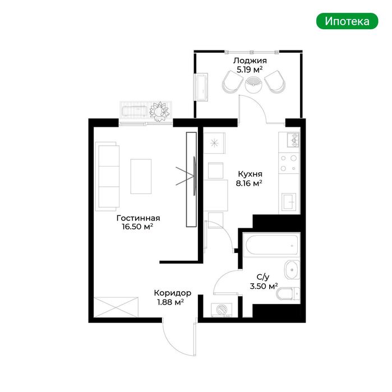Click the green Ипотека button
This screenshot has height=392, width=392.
(347, 21)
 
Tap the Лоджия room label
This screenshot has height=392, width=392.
(250, 61)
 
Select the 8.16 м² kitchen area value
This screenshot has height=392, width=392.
(249, 183)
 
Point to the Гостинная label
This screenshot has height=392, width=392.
(139, 218)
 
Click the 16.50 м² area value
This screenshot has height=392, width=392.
(137, 227)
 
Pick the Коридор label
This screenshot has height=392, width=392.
(173, 293)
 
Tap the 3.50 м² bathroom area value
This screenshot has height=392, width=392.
(264, 286)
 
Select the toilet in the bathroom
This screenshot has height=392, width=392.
(288, 294)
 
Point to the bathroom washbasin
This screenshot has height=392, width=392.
(292, 270)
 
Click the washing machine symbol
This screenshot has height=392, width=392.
(222, 310)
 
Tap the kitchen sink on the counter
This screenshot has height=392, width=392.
(289, 201)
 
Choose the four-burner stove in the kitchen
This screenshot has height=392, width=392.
(289, 163)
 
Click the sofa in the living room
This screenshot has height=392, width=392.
(108, 177)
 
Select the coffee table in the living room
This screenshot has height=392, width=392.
(141, 177)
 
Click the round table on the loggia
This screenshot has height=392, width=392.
(253, 85)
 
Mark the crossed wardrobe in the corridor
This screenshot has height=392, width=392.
(116, 307)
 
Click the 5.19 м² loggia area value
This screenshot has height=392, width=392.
(250, 70)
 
